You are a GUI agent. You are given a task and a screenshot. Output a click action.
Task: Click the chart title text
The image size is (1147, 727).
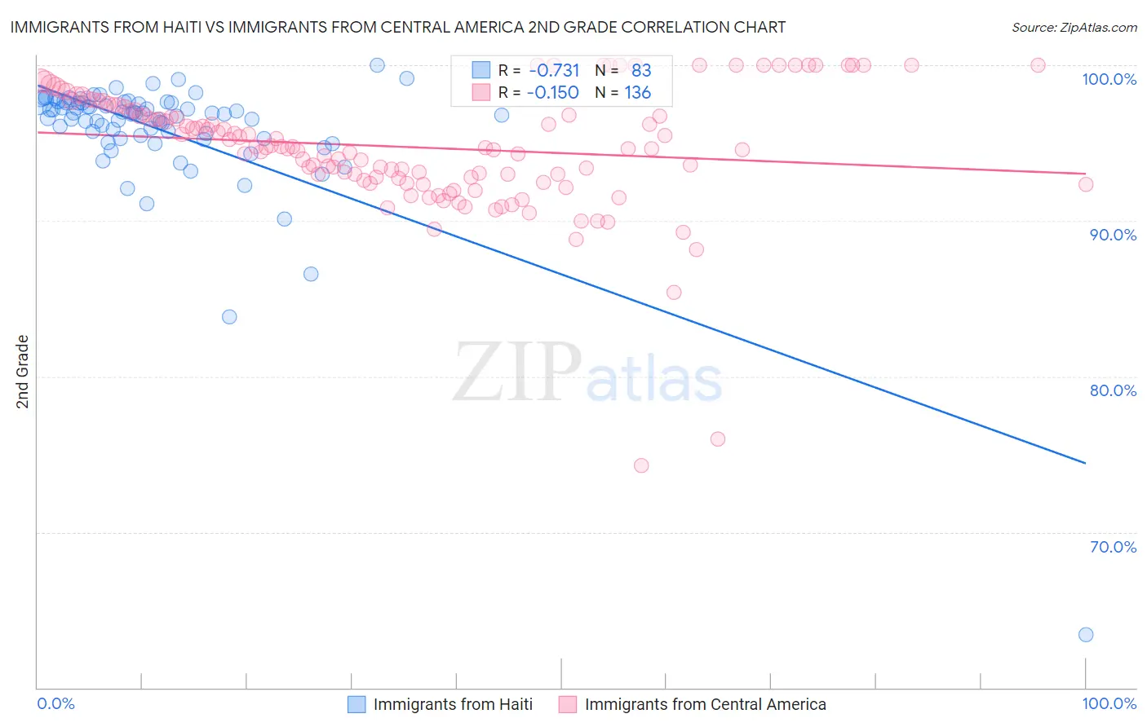[x=398, y=27]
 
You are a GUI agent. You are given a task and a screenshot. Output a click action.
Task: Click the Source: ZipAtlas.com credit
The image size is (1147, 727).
[x=1074, y=27]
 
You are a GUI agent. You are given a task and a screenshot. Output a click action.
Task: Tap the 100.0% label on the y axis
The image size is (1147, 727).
[x=1109, y=79]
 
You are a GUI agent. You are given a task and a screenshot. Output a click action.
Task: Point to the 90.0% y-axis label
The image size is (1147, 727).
[x=1113, y=235]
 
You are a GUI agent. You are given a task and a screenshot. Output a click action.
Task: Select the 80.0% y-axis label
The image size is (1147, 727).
[x=1113, y=390]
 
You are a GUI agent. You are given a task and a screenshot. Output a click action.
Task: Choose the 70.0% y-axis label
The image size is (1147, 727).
[x=1113, y=547]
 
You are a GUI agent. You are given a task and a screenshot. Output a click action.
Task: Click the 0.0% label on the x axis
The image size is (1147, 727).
[x=55, y=703]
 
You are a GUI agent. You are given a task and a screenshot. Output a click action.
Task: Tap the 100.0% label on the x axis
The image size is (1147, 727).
[x=1109, y=703]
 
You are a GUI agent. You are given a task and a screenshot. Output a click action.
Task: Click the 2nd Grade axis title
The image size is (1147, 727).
[x=23, y=372]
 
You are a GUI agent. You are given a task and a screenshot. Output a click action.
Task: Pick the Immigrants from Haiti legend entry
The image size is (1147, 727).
[x=441, y=704]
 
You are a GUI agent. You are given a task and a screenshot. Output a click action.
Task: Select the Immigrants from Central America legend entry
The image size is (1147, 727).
[x=693, y=704]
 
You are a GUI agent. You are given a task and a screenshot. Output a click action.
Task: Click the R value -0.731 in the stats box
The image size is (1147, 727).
[x=554, y=71]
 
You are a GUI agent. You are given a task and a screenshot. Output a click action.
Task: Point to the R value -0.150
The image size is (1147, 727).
[x=554, y=93]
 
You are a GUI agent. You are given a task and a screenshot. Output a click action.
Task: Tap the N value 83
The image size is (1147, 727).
[x=641, y=71]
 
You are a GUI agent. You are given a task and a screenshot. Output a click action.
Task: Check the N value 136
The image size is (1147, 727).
[x=637, y=93]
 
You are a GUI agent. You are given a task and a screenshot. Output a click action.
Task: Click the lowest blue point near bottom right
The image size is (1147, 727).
[x=1086, y=635]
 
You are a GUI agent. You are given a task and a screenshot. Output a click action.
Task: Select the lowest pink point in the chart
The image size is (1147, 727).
[x=641, y=465]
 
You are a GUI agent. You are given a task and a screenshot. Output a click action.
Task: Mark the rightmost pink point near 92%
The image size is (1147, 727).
[x=1086, y=184]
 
